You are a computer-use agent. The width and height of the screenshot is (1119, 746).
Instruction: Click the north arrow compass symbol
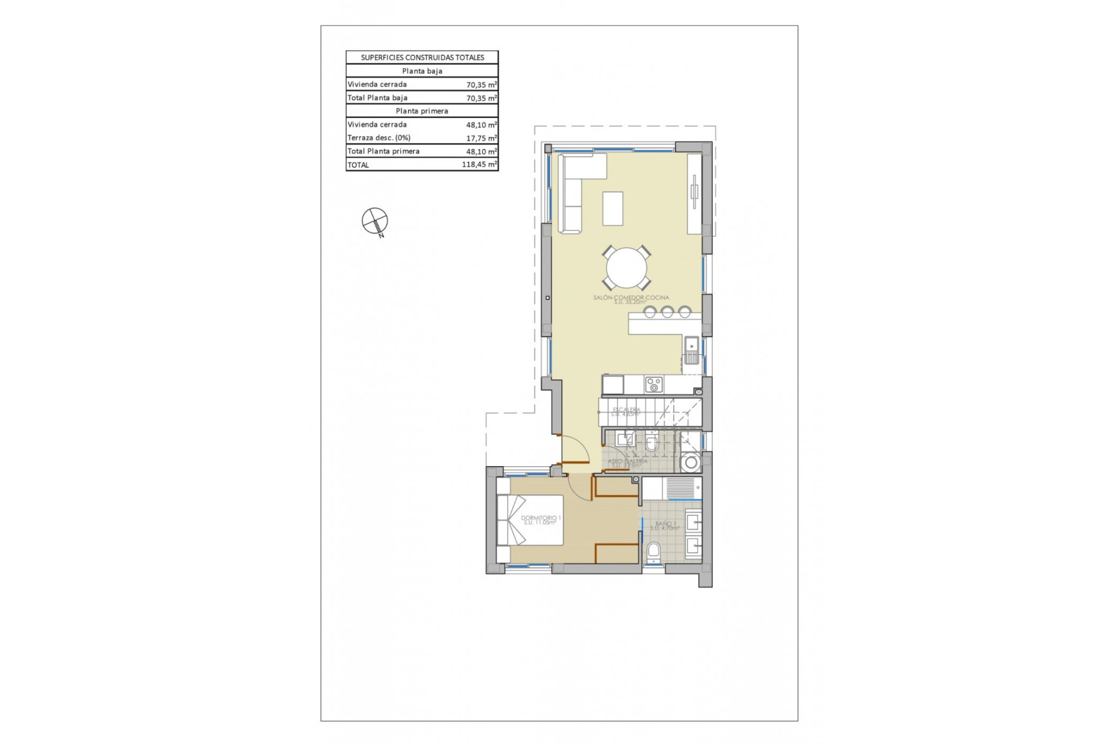374,221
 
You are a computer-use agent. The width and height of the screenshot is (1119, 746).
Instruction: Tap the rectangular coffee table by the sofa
613,208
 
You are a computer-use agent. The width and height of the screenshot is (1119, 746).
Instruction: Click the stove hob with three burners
653,385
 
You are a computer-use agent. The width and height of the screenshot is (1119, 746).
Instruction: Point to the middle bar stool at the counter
667,312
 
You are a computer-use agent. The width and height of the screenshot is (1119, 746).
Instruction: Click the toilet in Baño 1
654,551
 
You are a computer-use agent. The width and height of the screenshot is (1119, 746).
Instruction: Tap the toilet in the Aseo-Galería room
652,444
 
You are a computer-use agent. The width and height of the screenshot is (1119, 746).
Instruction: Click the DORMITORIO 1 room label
541,519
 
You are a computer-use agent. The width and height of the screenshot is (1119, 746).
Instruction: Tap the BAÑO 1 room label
665,525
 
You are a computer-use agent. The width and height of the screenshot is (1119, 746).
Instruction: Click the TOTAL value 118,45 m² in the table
479,165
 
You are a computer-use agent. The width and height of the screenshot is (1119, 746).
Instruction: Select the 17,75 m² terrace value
481,138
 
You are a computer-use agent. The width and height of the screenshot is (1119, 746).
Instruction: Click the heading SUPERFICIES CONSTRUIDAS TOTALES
422,58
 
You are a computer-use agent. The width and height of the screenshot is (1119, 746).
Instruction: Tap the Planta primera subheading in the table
422,111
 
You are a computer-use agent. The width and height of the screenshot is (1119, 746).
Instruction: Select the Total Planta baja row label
378,98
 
